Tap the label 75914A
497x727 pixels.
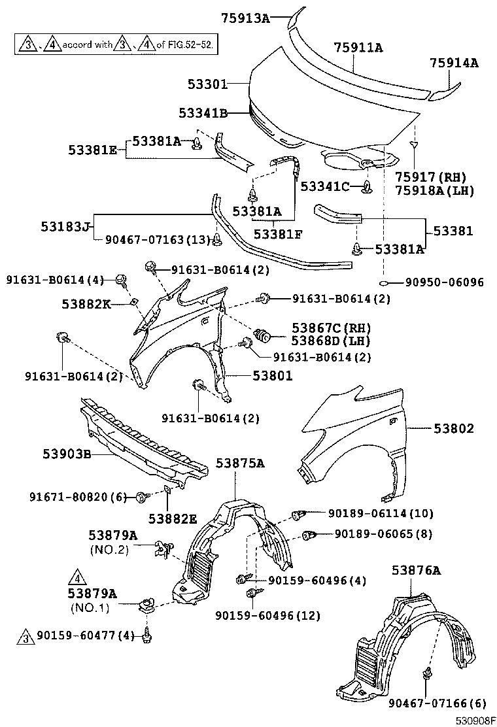454,63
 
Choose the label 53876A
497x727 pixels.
417,570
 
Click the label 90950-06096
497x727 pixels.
444,282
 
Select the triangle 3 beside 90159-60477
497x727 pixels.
26,635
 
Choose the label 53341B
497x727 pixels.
203,113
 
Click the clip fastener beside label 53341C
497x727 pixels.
366,188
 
